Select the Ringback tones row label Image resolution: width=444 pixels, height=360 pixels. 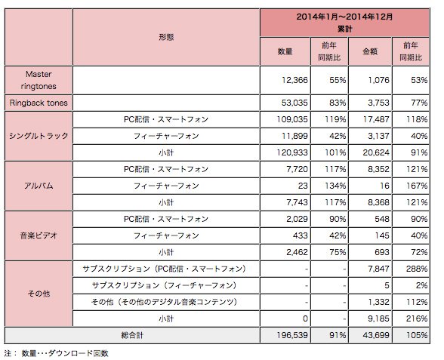(x=38, y=103)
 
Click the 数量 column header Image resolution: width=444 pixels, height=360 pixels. (x=285, y=51)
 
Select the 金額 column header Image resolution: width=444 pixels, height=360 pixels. (x=372, y=51)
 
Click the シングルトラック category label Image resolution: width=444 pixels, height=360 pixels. (x=38, y=136)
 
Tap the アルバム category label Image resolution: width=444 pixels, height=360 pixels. (x=38, y=185)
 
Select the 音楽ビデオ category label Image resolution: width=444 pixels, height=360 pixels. (x=38, y=235)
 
